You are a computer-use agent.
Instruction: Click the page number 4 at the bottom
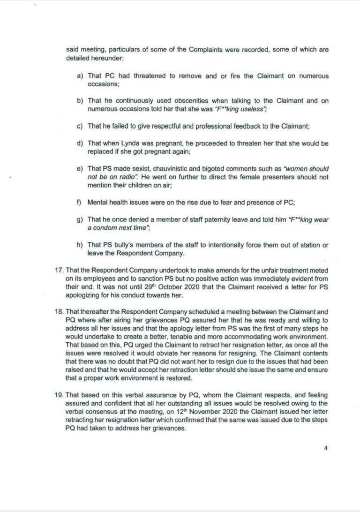pyautogui.click(x=326, y=447)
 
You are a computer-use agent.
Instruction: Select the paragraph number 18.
pyautogui.click(x=60, y=312)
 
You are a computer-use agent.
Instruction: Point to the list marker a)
pyautogui.click(x=80, y=76)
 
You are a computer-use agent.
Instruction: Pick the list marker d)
pyautogui.click(x=80, y=143)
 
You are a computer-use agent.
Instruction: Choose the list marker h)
pyautogui.click(x=80, y=245)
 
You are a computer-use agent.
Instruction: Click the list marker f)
pyautogui.click(x=80, y=203)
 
